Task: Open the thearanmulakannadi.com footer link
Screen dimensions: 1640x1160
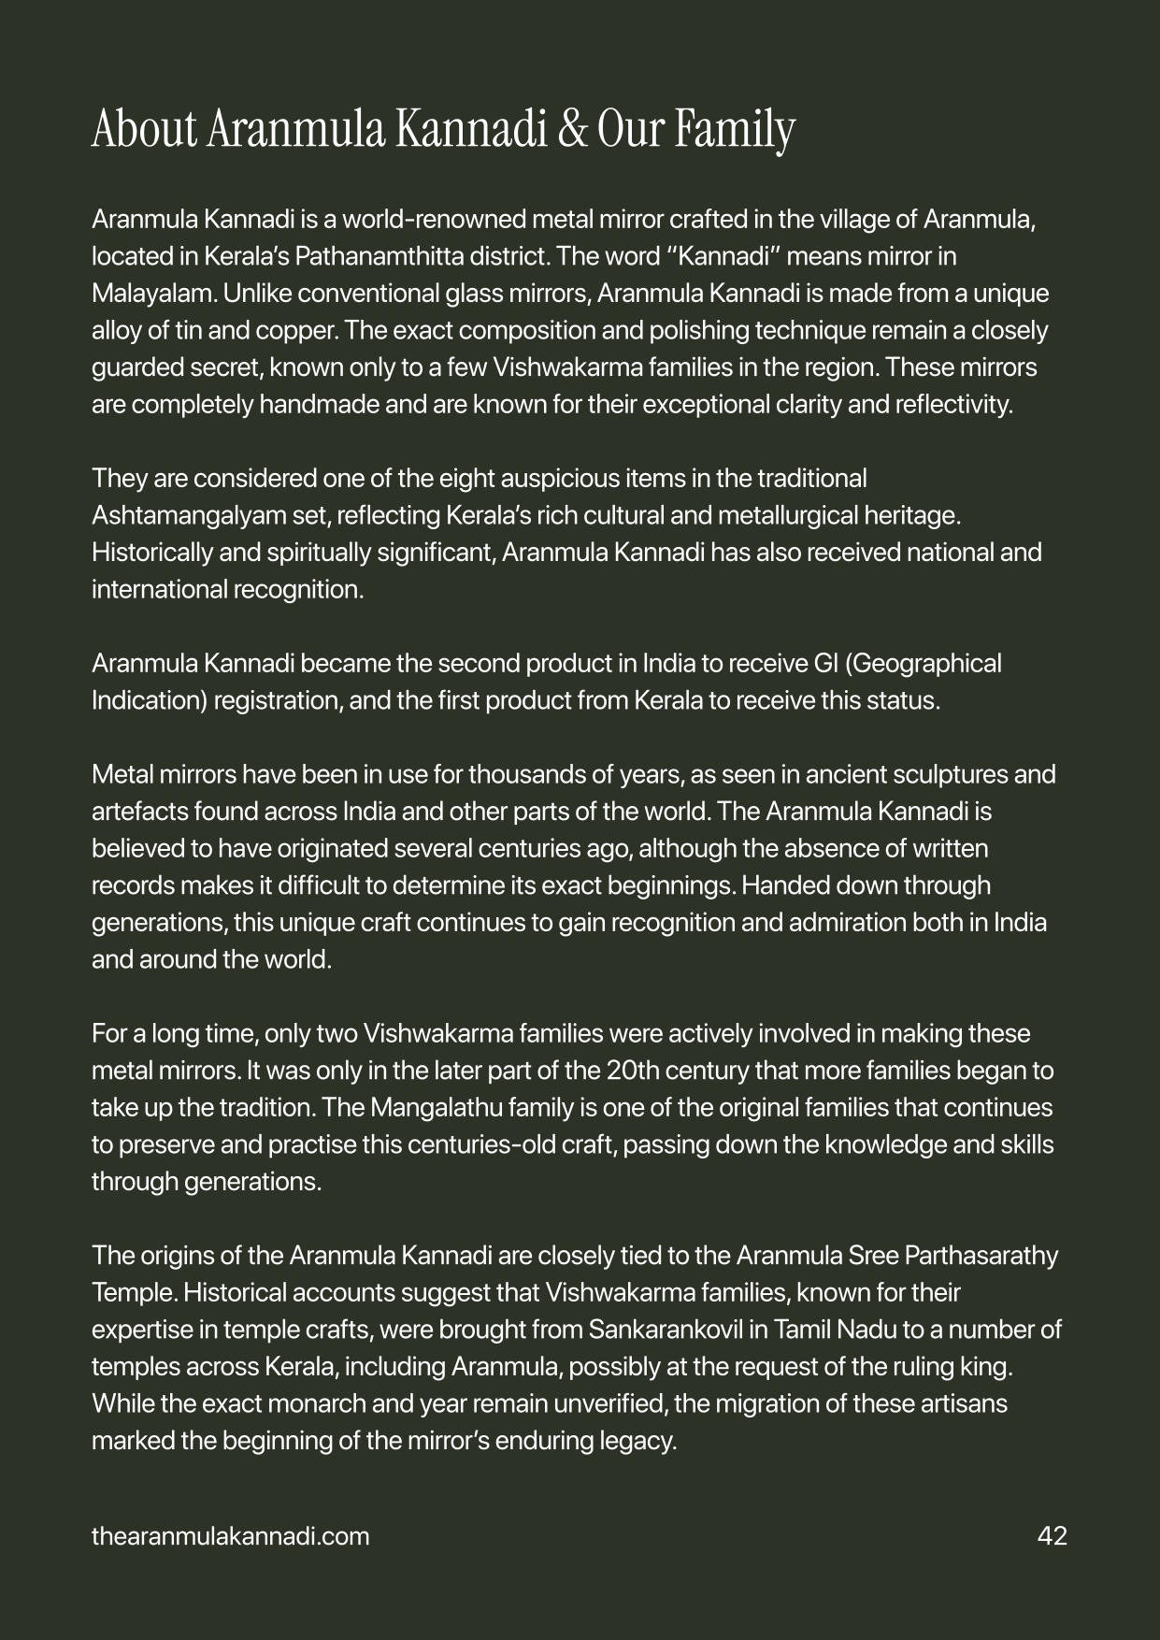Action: (x=230, y=1535)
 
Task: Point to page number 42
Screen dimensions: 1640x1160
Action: (x=1052, y=1535)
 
